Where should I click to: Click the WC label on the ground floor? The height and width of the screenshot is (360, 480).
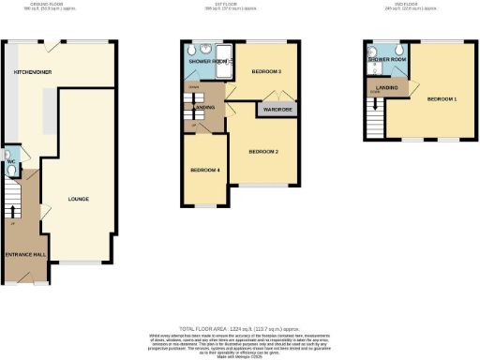tap(10, 161)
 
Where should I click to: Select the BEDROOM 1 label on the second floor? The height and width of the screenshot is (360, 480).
tap(442, 97)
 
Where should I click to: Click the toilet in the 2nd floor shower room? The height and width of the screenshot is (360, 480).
tap(398, 52)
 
